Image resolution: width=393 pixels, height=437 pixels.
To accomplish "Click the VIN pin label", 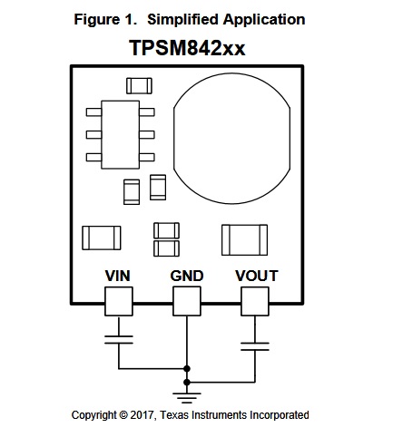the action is [118, 276].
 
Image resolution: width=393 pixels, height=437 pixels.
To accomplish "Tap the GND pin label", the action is [187, 276].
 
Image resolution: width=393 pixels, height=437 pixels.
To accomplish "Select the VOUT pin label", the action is [257, 276].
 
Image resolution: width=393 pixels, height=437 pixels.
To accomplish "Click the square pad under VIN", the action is [119, 302].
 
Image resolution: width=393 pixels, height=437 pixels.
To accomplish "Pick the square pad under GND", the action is [187, 302].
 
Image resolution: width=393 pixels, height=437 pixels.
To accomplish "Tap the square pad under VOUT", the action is [255, 302].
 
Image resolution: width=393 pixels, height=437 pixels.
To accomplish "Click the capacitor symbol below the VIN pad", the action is [119, 339].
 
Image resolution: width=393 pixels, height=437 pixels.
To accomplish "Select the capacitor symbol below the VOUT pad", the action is [255, 346].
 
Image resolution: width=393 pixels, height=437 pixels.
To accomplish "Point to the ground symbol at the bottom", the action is [187, 398].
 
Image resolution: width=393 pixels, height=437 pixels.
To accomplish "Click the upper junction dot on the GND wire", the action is [187, 369].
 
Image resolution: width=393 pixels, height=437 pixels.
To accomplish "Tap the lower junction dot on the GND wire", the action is [187, 383].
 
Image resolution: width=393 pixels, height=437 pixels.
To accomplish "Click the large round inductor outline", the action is [173, 139].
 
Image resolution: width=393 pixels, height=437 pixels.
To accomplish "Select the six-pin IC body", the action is [121, 135].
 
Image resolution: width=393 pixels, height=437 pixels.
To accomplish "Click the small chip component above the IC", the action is [139, 86].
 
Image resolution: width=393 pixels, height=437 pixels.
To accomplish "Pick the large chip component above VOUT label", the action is [244, 240].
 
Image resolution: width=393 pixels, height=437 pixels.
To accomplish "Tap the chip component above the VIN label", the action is [102, 238].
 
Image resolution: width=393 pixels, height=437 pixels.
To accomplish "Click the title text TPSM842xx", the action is [187, 48].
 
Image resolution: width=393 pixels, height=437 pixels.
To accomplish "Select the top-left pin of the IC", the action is [93, 112].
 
